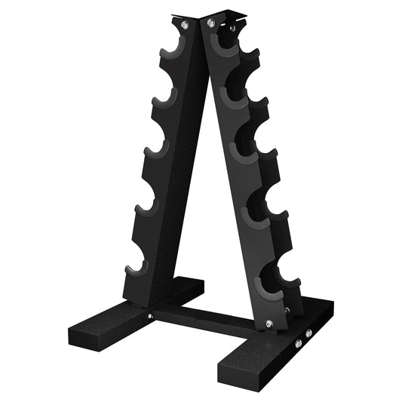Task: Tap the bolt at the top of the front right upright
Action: (212, 24)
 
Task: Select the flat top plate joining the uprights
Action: (204, 14)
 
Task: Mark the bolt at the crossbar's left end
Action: (151, 316)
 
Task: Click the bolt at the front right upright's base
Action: (269, 324)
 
